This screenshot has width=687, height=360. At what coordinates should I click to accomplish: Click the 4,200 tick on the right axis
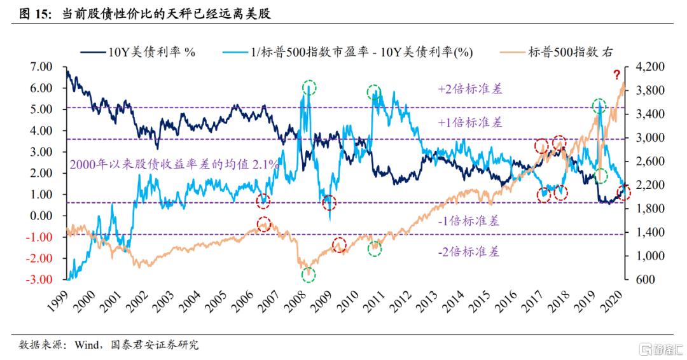click(649, 67)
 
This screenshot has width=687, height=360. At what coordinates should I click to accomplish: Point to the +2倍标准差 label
click(470, 89)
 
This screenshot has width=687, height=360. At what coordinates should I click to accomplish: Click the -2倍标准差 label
click(469, 252)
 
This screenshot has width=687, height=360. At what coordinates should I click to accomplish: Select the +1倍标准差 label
click(470, 122)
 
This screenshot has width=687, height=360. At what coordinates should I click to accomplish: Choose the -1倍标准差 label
click(469, 221)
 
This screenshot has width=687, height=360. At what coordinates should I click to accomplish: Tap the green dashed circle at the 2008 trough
click(309, 275)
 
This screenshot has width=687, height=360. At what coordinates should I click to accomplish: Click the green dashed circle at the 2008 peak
click(309, 87)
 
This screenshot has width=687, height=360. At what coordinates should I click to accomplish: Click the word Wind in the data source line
click(87, 345)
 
